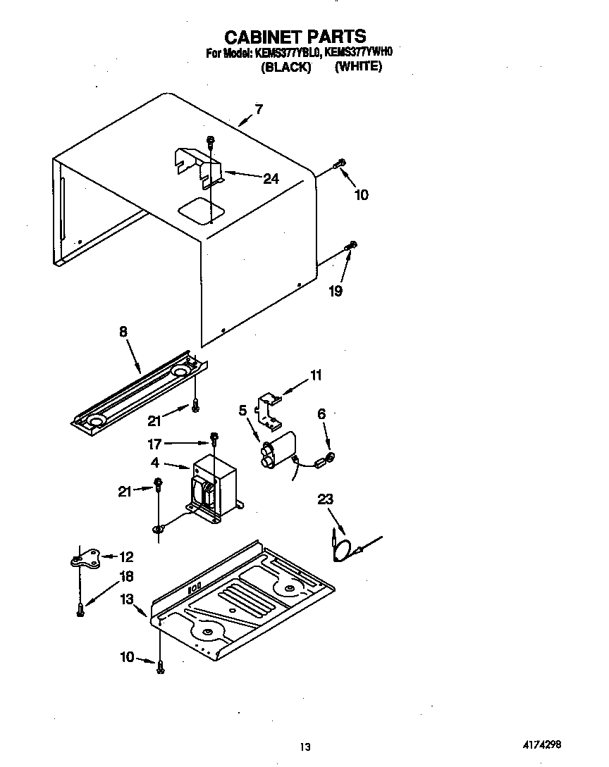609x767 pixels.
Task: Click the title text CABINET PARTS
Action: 295,36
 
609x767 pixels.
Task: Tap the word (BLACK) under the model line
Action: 285,68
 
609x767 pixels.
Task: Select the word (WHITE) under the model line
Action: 358,67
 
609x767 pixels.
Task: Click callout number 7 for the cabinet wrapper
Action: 259,109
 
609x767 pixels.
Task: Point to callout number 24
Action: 271,179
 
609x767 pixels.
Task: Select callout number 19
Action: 336,290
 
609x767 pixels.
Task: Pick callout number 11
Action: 316,375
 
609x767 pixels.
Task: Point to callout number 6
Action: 321,415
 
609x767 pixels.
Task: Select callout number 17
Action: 154,444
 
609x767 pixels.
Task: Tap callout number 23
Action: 325,499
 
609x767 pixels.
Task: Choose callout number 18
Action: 127,576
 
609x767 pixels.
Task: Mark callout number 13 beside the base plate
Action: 126,599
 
